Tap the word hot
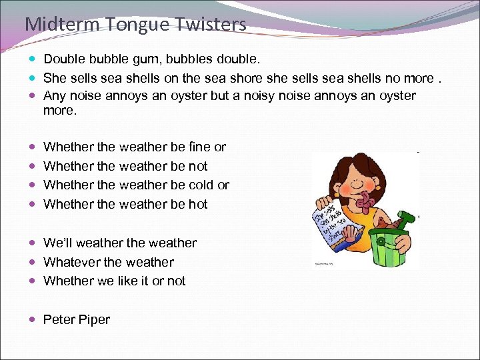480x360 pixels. (x=198, y=205)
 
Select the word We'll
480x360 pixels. (x=61, y=243)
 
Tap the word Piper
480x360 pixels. (x=95, y=320)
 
